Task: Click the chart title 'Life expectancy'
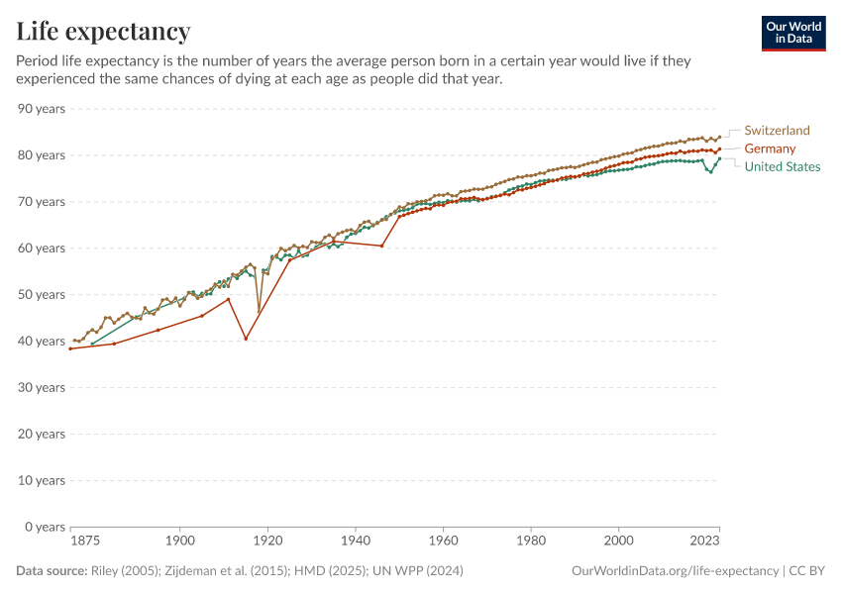[x=104, y=32]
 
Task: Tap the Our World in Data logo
[x=793, y=33]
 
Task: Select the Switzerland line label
[x=777, y=131]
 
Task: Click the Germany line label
[x=770, y=148]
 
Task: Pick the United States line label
[x=782, y=166]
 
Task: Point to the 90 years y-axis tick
[x=42, y=109]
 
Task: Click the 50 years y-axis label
[x=42, y=295]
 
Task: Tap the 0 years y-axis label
[x=45, y=527]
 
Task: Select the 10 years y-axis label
[x=42, y=480]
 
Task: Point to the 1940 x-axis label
[x=355, y=542]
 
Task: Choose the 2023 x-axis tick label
[x=703, y=542]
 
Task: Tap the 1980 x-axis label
[x=530, y=542]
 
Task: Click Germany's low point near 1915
[x=246, y=339]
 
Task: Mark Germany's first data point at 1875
[x=70, y=348]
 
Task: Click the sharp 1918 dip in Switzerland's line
[x=259, y=312]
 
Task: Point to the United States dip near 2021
[x=710, y=171]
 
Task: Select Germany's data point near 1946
[x=381, y=246]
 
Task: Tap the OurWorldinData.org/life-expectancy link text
[x=676, y=571]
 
